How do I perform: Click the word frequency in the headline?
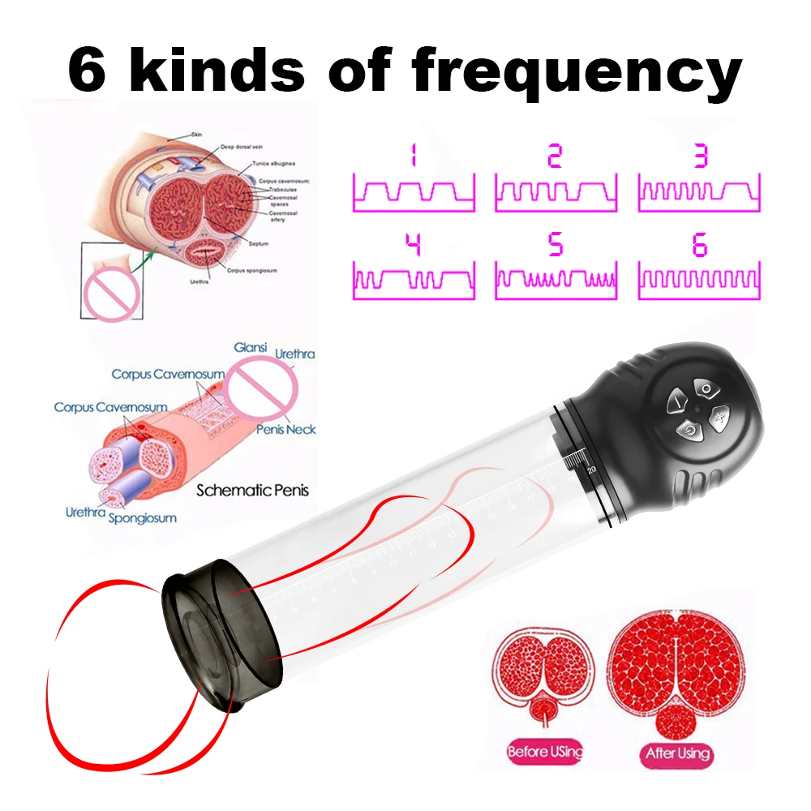click(x=577, y=72)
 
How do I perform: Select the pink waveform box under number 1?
click(x=414, y=191)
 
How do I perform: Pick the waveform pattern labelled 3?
click(x=700, y=191)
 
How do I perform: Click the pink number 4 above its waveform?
click(x=413, y=244)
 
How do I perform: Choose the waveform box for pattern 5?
click(x=556, y=280)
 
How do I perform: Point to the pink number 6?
click(x=700, y=244)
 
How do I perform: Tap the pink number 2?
click(x=555, y=155)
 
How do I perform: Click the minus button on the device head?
click(x=676, y=402)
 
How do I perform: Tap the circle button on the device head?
click(x=707, y=390)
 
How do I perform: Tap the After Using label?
click(x=677, y=753)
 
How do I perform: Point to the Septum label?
click(x=260, y=243)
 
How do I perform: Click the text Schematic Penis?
click(x=252, y=490)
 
